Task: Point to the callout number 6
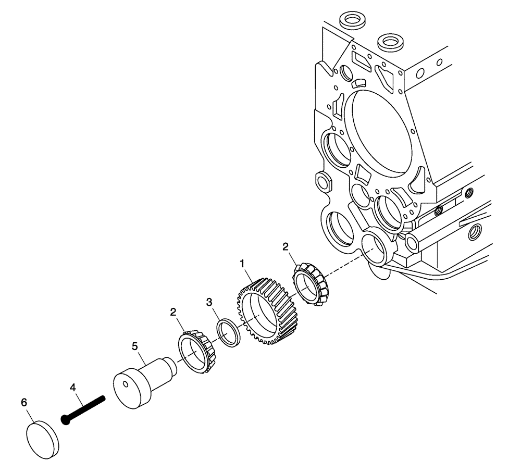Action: [23, 402]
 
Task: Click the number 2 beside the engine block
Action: [286, 246]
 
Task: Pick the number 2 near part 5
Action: [173, 312]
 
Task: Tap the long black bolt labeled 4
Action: [86, 409]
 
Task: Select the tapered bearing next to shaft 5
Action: [197, 352]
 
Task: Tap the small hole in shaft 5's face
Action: [126, 385]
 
